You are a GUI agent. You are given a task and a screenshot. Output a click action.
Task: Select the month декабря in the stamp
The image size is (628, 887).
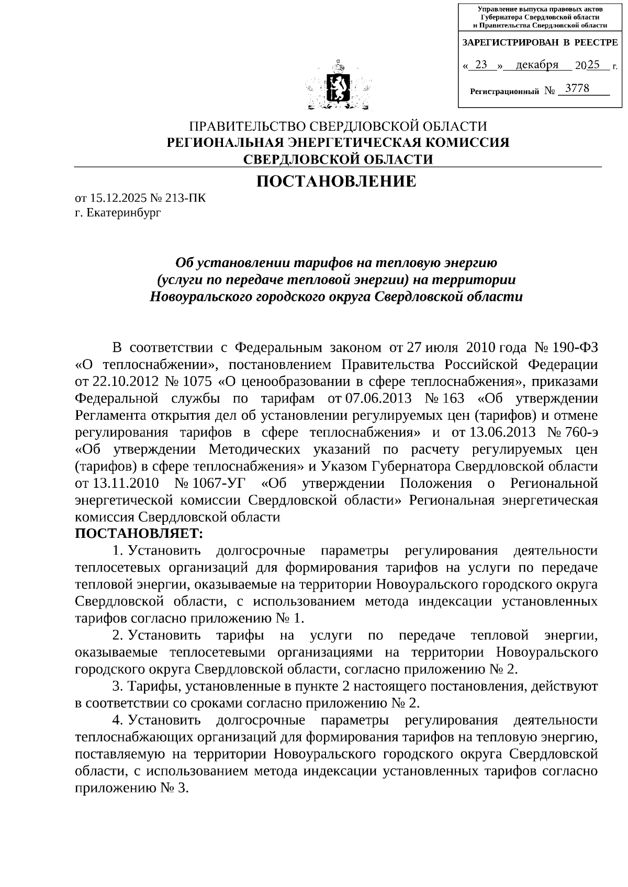pos(536,65)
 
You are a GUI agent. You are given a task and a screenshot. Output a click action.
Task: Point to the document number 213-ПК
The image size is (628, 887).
pos(185,198)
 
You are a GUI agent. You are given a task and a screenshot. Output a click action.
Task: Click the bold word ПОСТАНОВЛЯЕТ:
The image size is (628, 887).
pos(138,534)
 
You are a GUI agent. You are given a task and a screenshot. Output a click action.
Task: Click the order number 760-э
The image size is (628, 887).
pos(579,432)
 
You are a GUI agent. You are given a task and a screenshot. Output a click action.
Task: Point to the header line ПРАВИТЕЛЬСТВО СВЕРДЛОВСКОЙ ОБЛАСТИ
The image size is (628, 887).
pos(338,126)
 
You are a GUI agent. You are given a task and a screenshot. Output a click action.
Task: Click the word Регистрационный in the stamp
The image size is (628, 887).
pos(504,91)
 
